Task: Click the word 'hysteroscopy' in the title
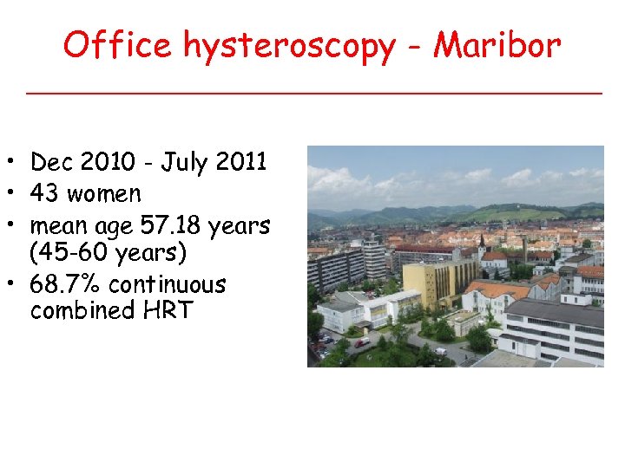tap(288, 45)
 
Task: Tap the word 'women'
tap(104, 194)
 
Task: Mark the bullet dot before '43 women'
tap(16, 194)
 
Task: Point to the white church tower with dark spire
tap(483, 246)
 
